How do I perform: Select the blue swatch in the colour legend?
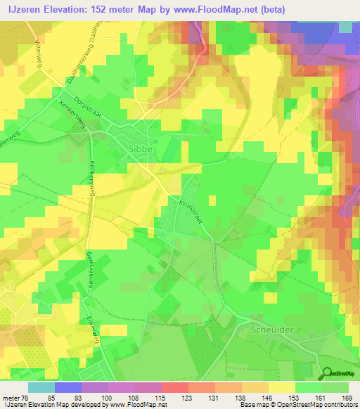(x=68, y=387)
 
